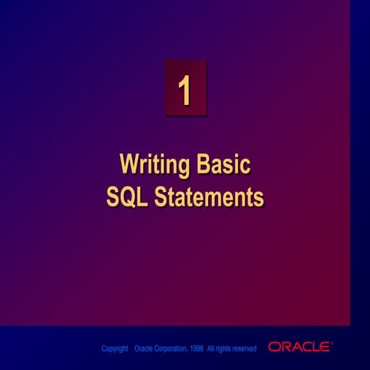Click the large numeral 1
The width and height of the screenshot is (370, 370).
pyautogui.click(x=184, y=89)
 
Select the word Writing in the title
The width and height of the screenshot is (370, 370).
pyautogui.click(x=155, y=165)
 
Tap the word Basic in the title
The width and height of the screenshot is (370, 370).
pyautogui.click(x=224, y=163)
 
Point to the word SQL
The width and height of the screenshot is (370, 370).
pyautogui.click(x=127, y=197)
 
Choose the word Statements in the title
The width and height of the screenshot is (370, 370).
pyautogui.click(x=209, y=197)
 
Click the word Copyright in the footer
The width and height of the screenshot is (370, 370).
pyautogui.click(x=115, y=348)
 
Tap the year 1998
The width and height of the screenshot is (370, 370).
pyautogui.click(x=197, y=348)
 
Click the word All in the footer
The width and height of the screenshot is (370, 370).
pyautogui.click(x=210, y=348)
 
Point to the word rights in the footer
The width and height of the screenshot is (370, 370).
pyautogui.click(x=223, y=349)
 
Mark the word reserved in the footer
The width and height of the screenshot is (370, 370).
pyautogui.click(x=244, y=348)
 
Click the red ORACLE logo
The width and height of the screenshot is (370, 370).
pyautogui.click(x=299, y=347)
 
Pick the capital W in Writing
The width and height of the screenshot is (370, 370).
pyautogui.click(x=130, y=163)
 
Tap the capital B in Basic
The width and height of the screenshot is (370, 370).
pyautogui.click(x=203, y=163)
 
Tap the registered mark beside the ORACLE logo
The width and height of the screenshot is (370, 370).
pyautogui.click(x=331, y=342)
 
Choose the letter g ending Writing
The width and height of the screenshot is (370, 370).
pyautogui.click(x=183, y=168)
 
